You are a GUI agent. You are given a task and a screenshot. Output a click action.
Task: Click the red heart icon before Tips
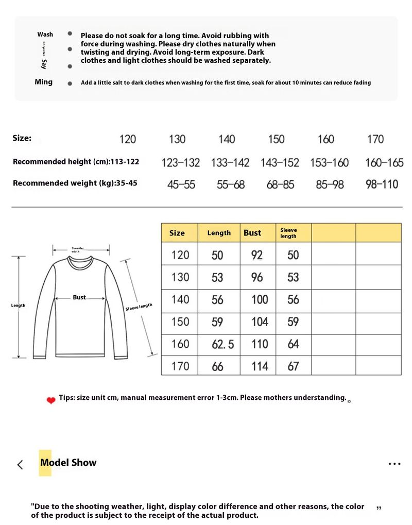(50, 400)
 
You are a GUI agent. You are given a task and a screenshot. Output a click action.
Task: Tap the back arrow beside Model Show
(20, 464)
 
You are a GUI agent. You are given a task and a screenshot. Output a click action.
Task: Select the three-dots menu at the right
(394, 464)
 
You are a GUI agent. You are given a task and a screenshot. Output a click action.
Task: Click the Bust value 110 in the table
(260, 344)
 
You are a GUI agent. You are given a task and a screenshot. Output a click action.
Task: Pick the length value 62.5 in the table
(222, 344)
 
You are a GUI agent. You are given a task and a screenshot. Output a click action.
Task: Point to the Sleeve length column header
(288, 233)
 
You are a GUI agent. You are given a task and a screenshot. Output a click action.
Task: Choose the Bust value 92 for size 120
(257, 255)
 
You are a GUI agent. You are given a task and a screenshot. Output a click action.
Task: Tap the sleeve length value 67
(293, 366)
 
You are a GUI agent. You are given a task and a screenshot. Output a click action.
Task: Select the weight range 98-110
(382, 184)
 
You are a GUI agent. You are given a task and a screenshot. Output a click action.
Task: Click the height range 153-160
(329, 162)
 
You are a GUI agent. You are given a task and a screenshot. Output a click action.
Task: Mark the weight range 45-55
(181, 184)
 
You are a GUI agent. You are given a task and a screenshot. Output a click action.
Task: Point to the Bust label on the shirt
(79, 297)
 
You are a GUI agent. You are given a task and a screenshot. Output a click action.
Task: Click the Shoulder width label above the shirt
(77, 249)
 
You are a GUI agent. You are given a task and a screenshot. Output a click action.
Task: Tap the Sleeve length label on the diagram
(139, 307)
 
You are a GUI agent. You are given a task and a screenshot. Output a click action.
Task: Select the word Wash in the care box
(45, 35)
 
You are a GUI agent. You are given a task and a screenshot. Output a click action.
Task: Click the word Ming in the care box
(43, 82)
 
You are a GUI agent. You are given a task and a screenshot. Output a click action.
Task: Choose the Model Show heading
(68, 463)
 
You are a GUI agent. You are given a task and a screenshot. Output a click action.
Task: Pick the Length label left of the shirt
(18, 306)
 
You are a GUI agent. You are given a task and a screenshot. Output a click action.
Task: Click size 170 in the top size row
(375, 139)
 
